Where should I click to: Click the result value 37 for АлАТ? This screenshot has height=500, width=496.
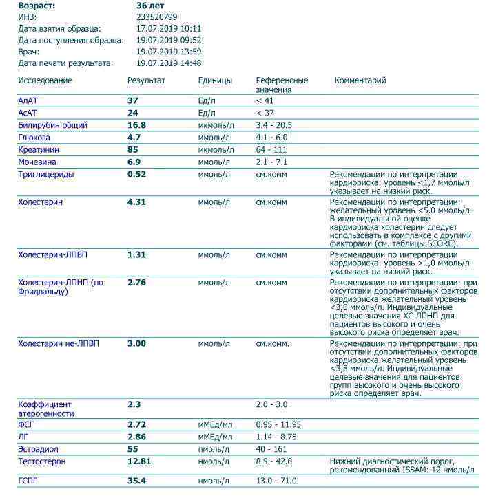click(x=133, y=100)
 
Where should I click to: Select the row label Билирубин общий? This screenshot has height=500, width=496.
click(x=52, y=125)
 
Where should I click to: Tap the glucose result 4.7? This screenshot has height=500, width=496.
click(x=134, y=138)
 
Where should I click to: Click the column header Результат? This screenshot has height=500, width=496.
click(x=146, y=80)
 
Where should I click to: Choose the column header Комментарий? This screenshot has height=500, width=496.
click(x=360, y=80)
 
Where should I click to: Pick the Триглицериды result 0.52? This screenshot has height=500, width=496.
click(x=137, y=175)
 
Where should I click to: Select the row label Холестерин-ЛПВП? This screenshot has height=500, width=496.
click(x=53, y=255)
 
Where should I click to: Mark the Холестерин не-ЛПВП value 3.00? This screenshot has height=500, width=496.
click(x=137, y=343)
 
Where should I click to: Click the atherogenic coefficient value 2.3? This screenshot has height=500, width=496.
click(x=134, y=404)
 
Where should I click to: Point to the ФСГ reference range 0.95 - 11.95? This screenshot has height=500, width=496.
click(x=278, y=425)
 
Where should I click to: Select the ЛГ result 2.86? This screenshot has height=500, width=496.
click(x=137, y=437)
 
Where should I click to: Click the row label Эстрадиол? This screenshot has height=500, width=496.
click(x=38, y=449)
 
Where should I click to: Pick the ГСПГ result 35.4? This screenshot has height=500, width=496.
click(x=137, y=481)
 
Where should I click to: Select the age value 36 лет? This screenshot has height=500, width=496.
click(x=150, y=5)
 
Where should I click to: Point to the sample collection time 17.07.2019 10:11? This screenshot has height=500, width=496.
click(x=169, y=28)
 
